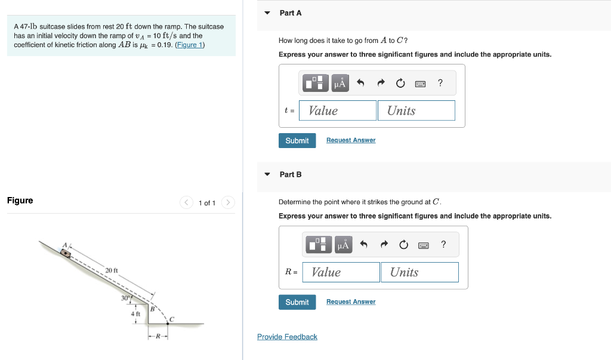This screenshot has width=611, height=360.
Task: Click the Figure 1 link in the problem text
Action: pyautogui.click(x=190, y=45)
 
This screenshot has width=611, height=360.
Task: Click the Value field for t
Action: pyautogui.click(x=338, y=110)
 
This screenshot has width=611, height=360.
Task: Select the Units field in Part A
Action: pyautogui.click(x=416, y=110)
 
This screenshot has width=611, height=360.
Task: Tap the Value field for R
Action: pyautogui.click(x=341, y=272)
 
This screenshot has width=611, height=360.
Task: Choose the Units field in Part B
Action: pyautogui.click(x=419, y=272)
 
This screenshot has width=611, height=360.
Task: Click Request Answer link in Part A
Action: pyautogui.click(x=351, y=140)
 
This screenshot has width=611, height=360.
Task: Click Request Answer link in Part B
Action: pyautogui.click(x=351, y=301)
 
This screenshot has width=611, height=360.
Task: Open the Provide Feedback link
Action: pyautogui.click(x=287, y=337)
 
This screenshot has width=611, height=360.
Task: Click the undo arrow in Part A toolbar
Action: pyautogui.click(x=360, y=83)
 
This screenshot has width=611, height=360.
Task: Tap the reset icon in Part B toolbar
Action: pyautogui.click(x=404, y=245)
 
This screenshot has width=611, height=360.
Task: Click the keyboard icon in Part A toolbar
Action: pyautogui.click(x=420, y=84)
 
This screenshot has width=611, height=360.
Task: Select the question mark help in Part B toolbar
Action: pyautogui.click(x=443, y=244)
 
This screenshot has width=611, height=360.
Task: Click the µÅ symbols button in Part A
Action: pyautogui.click(x=340, y=83)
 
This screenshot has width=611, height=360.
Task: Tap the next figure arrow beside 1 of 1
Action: pyautogui.click(x=228, y=202)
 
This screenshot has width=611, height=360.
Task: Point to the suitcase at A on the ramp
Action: pyautogui.click(x=66, y=254)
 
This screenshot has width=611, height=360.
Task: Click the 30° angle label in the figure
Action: pyautogui.click(x=125, y=298)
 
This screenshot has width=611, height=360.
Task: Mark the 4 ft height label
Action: pyautogui.click(x=135, y=313)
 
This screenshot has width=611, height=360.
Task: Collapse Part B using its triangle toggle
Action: pyautogui.click(x=267, y=174)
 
